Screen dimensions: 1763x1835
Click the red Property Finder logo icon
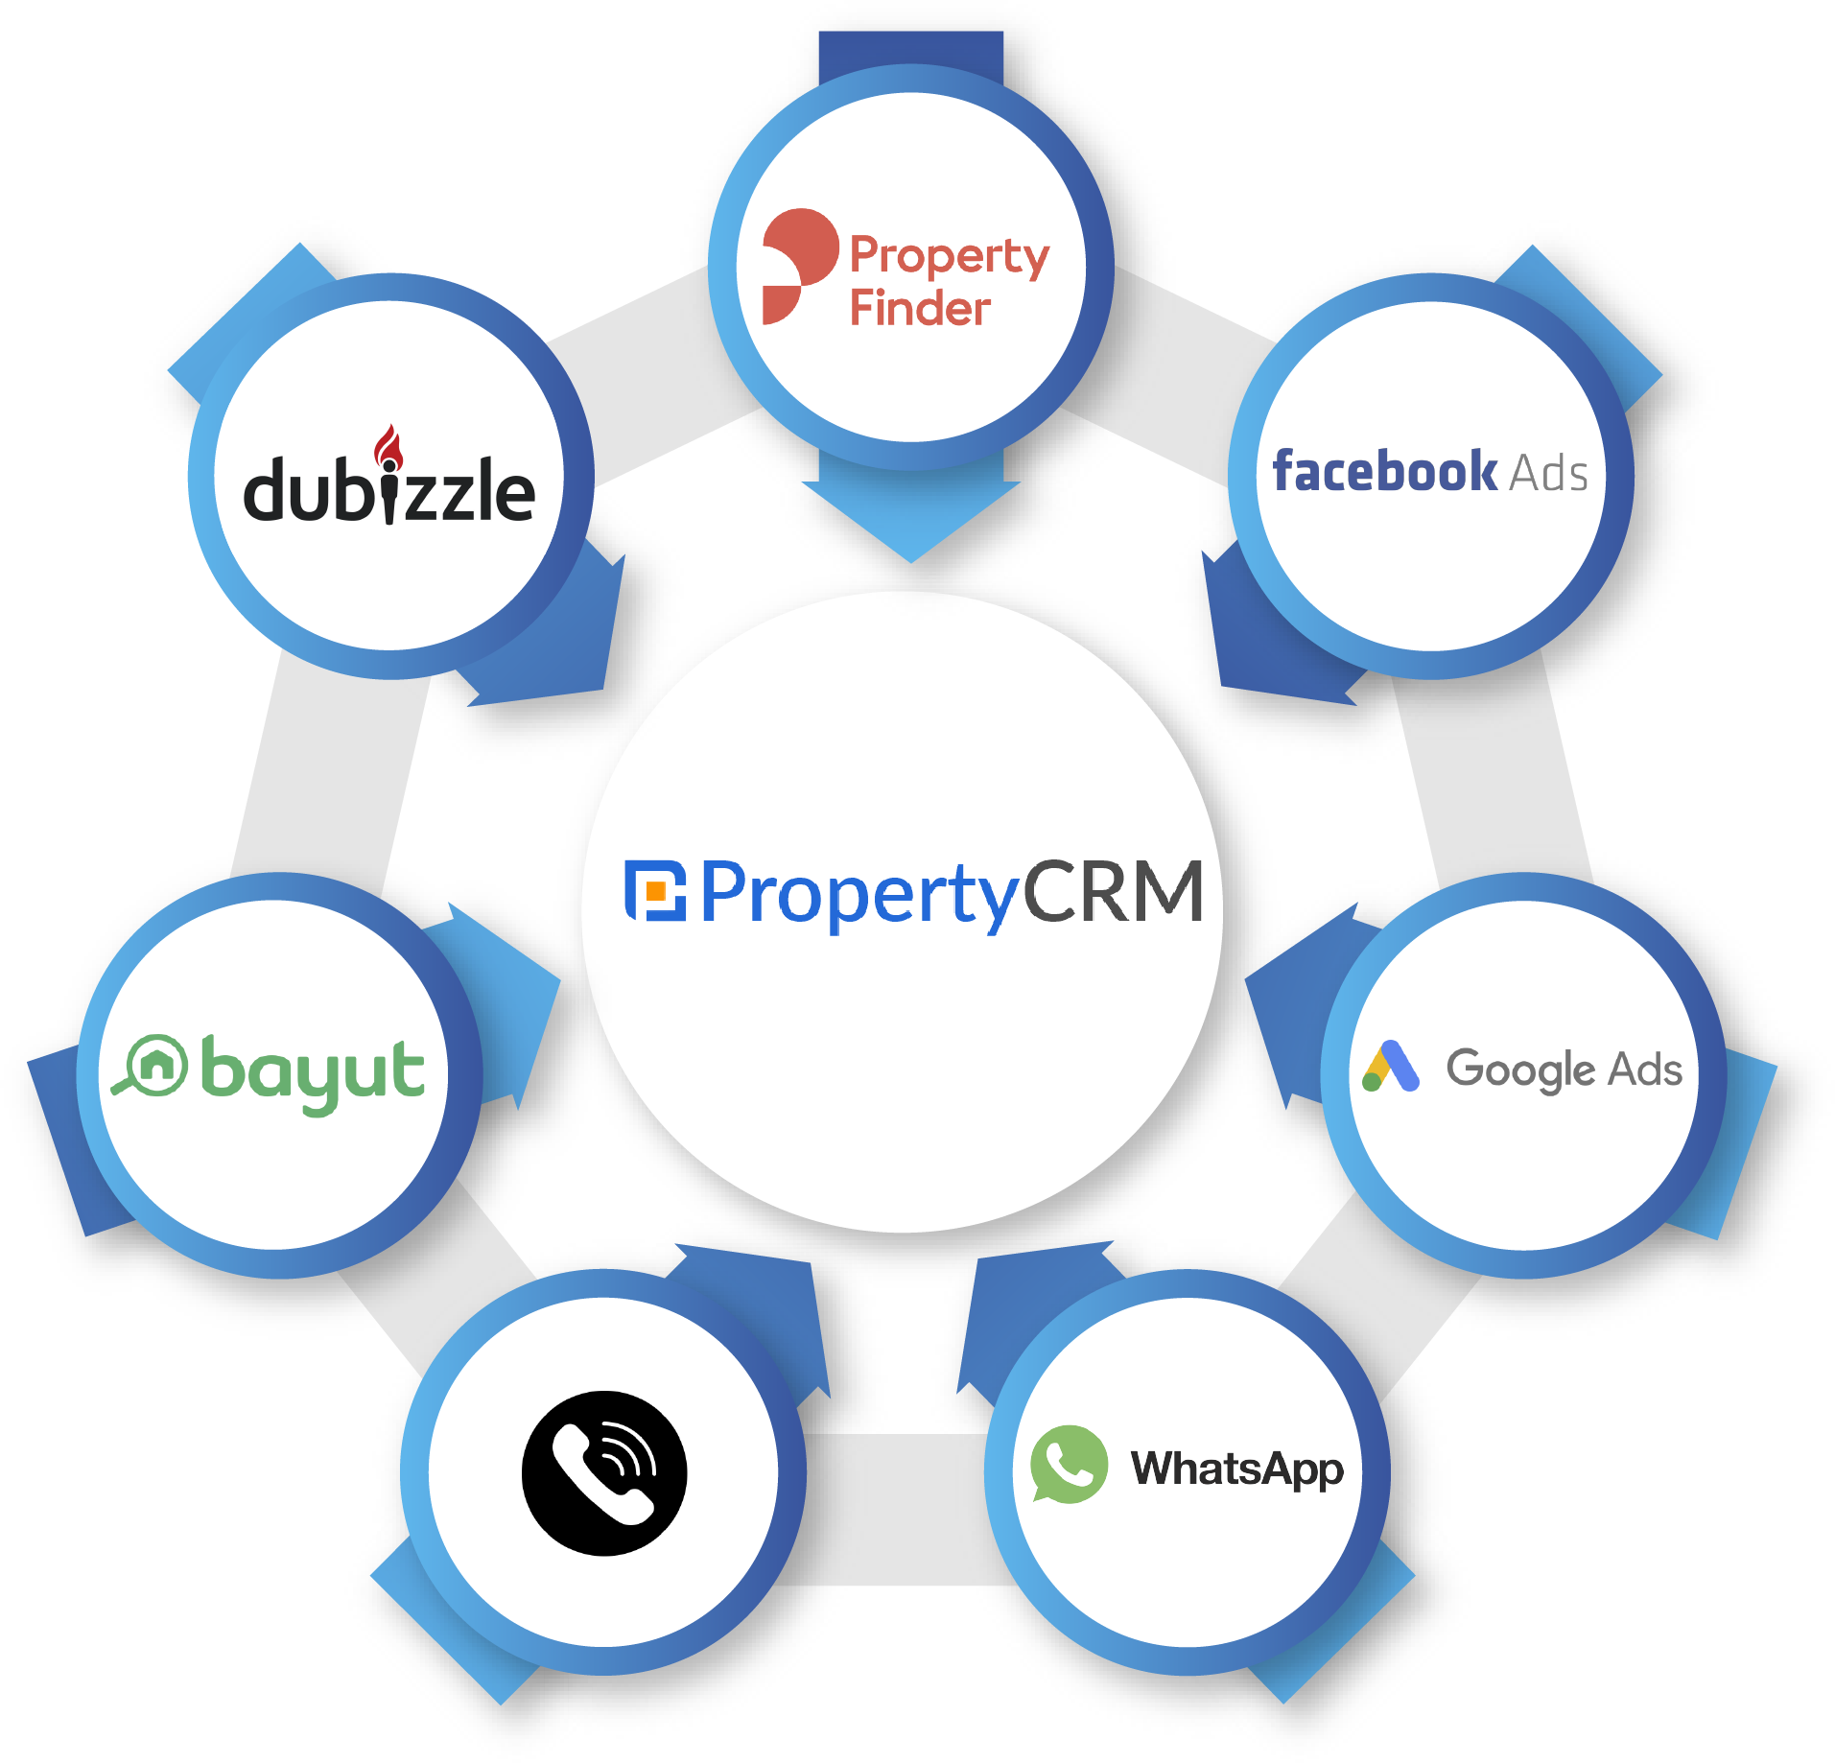(x=795, y=264)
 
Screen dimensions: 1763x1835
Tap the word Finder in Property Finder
(x=919, y=308)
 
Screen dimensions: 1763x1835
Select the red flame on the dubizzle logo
(x=388, y=447)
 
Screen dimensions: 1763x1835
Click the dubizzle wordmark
(x=388, y=490)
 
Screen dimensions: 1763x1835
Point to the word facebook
(x=1384, y=472)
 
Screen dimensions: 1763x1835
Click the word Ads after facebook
(x=1548, y=474)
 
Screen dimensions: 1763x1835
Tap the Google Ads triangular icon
(x=1390, y=1067)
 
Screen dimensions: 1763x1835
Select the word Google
(x=1521, y=1070)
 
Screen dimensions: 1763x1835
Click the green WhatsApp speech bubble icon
(x=1068, y=1464)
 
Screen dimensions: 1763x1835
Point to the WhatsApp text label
(x=1237, y=1469)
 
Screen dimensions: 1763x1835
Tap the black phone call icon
(x=604, y=1472)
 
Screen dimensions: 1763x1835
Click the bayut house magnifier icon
(x=153, y=1065)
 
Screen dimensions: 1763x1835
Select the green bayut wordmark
(x=312, y=1072)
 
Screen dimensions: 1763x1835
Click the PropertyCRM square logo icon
(x=656, y=890)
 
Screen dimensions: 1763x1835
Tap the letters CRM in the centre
(x=1113, y=892)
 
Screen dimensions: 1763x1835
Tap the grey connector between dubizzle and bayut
(x=326, y=767)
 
